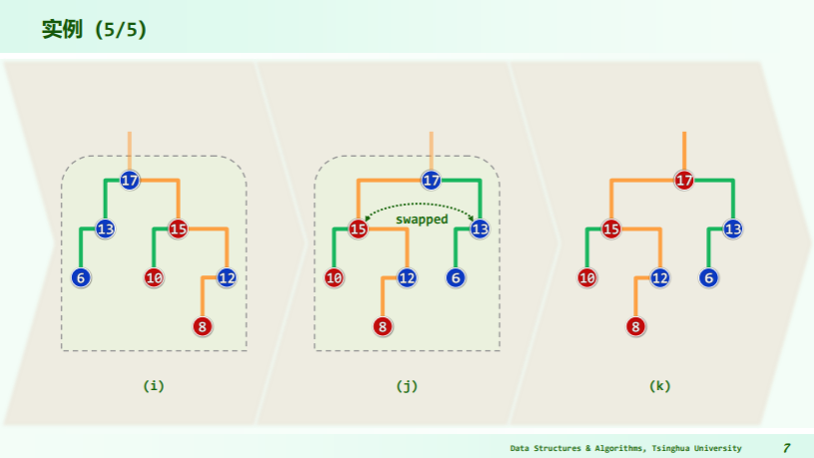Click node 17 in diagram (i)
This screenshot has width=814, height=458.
[130, 181]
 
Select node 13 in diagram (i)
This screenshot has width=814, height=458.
[105, 229]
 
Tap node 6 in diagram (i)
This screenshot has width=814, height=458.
[81, 277]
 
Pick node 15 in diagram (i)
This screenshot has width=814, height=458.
[178, 229]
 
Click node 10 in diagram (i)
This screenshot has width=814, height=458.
[154, 277]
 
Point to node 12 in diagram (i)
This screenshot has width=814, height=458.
[226, 277]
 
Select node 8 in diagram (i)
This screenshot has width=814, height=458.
[203, 326]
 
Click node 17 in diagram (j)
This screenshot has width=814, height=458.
[431, 181]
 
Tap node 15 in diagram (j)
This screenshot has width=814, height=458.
[358, 229]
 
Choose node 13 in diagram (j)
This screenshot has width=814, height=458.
[480, 229]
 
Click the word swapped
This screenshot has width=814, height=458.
[421, 219]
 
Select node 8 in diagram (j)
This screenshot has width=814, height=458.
[383, 326]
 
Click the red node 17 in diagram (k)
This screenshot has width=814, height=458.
[684, 181]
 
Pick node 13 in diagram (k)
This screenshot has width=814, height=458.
[733, 229]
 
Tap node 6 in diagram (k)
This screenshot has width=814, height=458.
[709, 277]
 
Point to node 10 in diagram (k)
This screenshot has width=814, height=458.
[588, 277]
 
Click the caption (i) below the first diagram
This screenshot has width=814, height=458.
[154, 385]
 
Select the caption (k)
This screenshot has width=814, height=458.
[659, 385]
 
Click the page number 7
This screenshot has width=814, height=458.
[786, 448]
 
